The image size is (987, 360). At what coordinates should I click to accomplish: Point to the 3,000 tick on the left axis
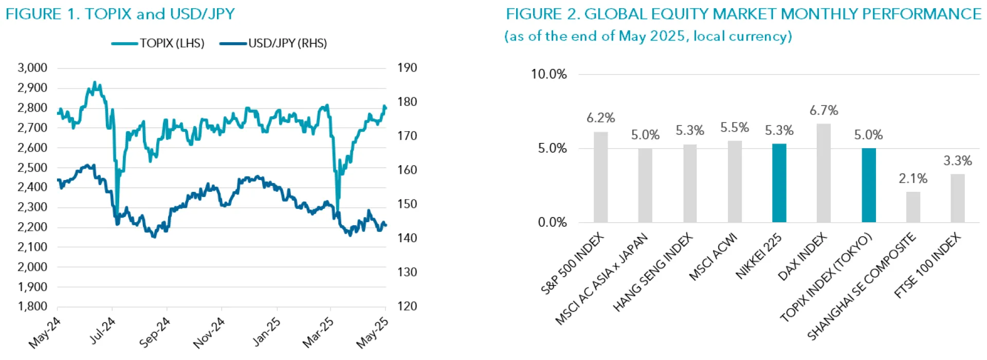point(32,68)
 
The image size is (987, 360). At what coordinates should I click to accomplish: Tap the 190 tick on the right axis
point(407,68)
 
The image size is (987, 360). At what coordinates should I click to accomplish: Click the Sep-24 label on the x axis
point(155,332)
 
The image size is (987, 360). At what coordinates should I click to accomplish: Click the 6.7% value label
point(824,111)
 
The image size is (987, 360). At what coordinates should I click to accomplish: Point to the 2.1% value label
point(913,179)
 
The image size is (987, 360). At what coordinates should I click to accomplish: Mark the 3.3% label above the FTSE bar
point(957,161)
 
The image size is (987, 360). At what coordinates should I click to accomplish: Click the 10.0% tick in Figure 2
point(548,75)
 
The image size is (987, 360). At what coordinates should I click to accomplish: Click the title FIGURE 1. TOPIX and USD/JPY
point(120,14)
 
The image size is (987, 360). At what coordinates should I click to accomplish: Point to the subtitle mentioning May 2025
point(648,37)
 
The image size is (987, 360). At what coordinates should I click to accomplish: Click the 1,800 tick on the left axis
point(32,307)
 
